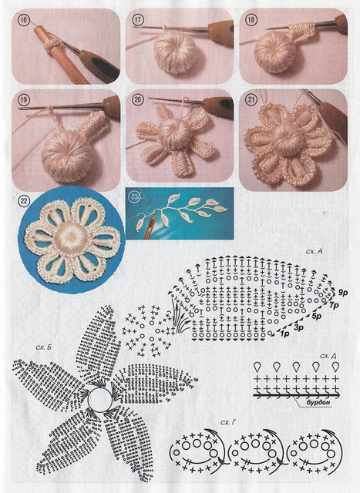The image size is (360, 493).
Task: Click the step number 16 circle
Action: coord(23,21)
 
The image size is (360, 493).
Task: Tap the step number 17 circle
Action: coord(137,19)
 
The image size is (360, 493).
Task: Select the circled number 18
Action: coord(251,20)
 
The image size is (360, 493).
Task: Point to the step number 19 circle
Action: coord(23,100)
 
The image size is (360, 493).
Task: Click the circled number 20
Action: coord(137,100)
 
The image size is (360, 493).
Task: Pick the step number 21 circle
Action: coord(251,100)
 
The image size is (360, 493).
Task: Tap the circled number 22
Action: coord(24,200)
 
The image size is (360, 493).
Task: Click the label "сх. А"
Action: coord(314,252)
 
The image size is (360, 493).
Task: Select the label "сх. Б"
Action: coord(43,347)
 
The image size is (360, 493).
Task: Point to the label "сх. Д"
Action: coord(328,356)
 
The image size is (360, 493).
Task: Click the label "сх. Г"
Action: coord(228,423)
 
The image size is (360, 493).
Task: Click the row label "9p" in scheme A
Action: coord(342,293)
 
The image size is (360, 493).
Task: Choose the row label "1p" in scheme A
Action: coord(284,334)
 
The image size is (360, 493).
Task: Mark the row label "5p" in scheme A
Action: coord(316,316)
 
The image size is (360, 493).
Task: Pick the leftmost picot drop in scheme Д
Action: coord(257,367)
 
